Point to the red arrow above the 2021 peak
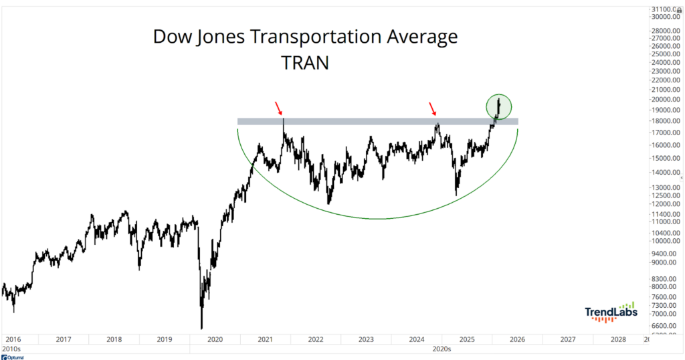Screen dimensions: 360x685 280,107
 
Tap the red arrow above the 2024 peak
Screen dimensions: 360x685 433,108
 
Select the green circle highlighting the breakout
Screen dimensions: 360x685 498,106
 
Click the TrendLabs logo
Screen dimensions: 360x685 611,312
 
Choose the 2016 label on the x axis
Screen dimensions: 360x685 13,340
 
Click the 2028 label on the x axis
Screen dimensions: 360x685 618,340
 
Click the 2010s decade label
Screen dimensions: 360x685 11,349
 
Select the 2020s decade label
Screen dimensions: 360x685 441,349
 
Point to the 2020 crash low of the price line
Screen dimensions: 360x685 201,327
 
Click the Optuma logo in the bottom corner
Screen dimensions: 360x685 13,357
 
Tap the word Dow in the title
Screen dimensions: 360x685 170,37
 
